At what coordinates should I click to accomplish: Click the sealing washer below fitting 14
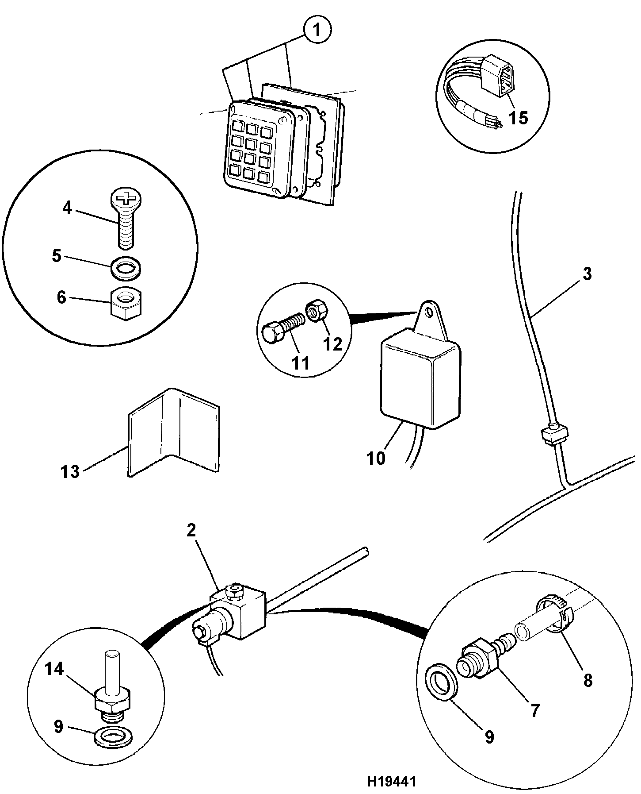[113, 736]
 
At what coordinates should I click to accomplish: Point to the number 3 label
[587, 274]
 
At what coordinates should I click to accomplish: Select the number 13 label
[70, 472]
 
